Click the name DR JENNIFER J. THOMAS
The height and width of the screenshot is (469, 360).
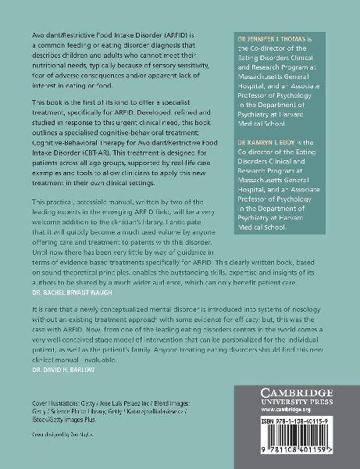[x=278, y=38]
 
